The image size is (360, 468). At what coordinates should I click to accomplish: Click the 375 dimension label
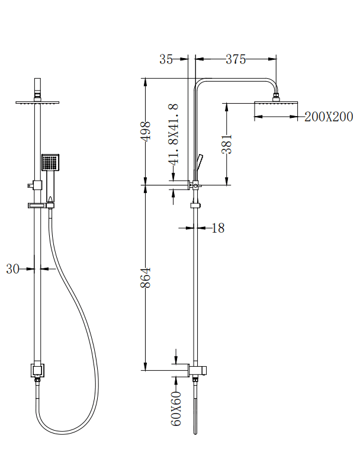(x=235, y=59)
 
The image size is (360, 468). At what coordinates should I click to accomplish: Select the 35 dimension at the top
(x=166, y=59)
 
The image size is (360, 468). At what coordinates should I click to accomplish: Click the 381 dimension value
(x=227, y=144)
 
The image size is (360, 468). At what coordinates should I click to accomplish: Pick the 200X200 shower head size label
(x=329, y=117)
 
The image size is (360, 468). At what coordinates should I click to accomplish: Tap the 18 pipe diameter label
(x=218, y=228)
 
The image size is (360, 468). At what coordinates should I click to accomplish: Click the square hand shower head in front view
(x=50, y=162)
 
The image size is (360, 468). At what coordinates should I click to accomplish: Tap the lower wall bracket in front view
(x=38, y=371)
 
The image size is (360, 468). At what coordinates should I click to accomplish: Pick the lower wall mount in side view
(x=197, y=371)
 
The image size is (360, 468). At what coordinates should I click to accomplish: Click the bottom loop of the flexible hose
(x=59, y=429)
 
